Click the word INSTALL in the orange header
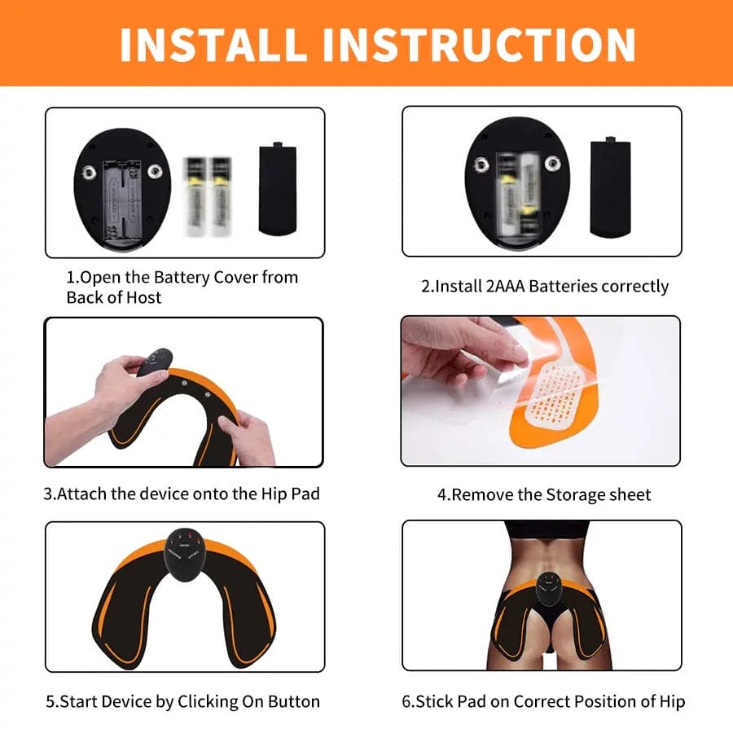(x=214, y=44)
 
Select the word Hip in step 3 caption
(x=261, y=494)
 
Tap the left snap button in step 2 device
(x=481, y=165)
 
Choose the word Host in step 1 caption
(x=143, y=298)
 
